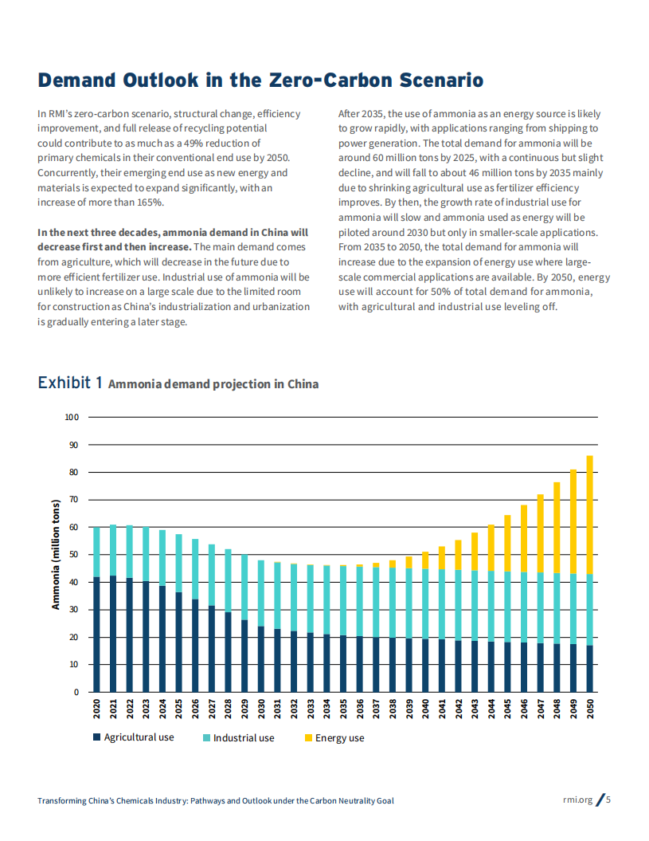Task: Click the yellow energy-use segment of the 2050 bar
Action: pyautogui.click(x=590, y=514)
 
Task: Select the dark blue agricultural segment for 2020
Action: pyautogui.click(x=96, y=634)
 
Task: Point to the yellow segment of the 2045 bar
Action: pyautogui.click(x=507, y=543)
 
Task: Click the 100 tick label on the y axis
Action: pyautogui.click(x=72, y=417)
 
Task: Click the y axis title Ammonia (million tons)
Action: pyautogui.click(x=56, y=555)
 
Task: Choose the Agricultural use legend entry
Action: pyautogui.click(x=139, y=737)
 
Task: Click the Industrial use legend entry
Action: pyautogui.click(x=243, y=738)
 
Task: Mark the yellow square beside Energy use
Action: pyautogui.click(x=308, y=738)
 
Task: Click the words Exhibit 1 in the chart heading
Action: pyautogui.click(x=70, y=383)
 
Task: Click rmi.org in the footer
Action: pyautogui.click(x=577, y=800)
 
